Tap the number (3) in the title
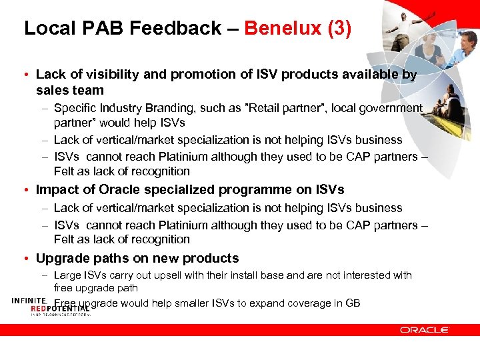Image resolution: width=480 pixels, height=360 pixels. point(336,28)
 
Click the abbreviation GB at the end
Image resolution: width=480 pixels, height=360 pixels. point(353,303)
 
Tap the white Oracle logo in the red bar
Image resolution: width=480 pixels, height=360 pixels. point(425,330)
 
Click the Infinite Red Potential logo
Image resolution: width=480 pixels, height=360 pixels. point(50,307)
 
